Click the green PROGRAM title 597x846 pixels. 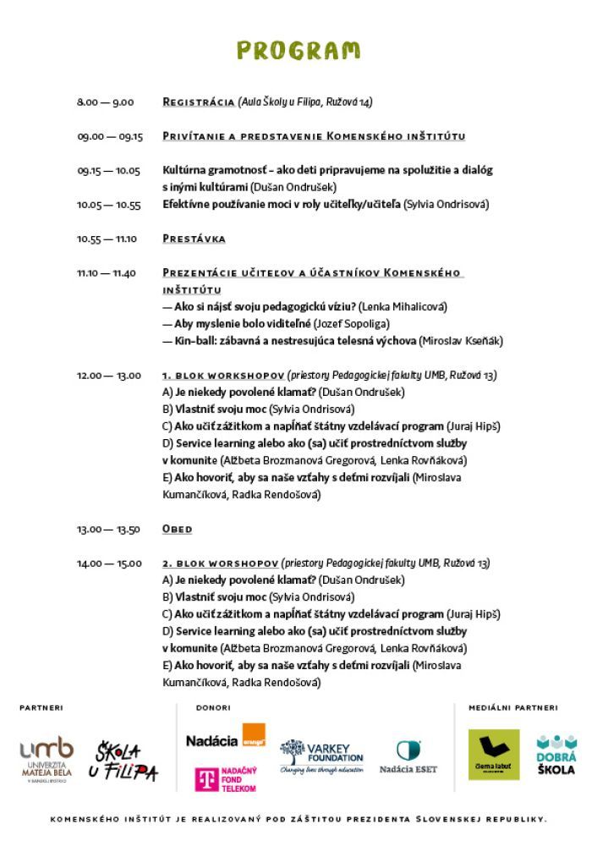pyautogui.click(x=298, y=51)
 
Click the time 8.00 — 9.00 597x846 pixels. pyautogui.click(x=106, y=102)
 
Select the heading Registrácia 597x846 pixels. pyautogui.click(x=198, y=102)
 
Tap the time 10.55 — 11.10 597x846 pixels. pyautogui.click(x=107, y=239)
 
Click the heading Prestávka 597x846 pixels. pyautogui.click(x=194, y=239)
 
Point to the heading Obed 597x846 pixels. pyautogui.click(x=177, y=529)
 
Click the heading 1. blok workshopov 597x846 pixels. pyautogui.click(x=222, y=375)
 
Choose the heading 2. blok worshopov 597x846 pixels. pyautogui.click(x=220, y=563)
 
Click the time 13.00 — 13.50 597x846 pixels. pyautogui.click(x=109, y=530)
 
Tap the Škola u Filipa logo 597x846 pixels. pyautogui.click(x=126, y=761)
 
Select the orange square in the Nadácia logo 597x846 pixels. pyautogui.click(x=253, y=735)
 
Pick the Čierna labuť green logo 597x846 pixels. pyautogui.click(x=494, y=755)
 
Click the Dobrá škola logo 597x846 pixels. pyautogui.click(x=556, y=755)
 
